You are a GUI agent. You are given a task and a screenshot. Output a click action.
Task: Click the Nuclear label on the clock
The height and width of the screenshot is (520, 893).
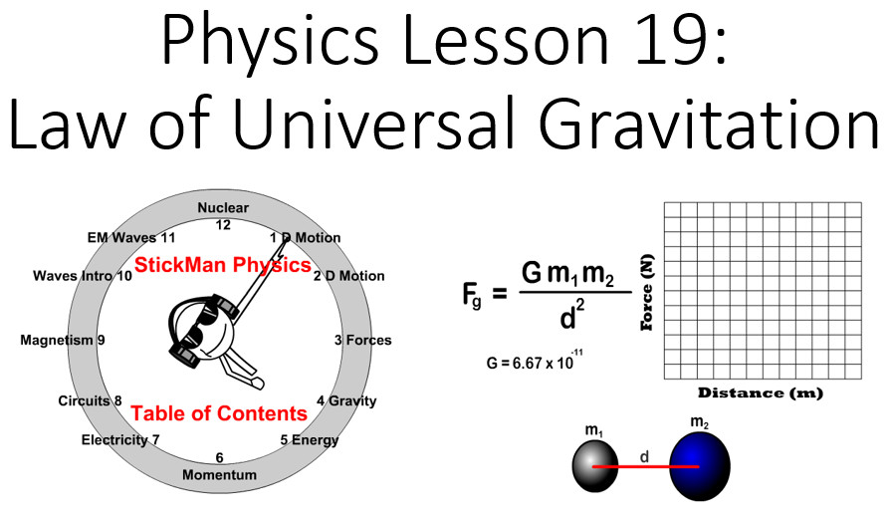(223, 208)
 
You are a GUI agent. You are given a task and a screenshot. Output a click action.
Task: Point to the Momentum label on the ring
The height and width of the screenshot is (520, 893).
(219, 475)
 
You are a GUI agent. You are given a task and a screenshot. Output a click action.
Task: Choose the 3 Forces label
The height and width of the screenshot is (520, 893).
(362, 341)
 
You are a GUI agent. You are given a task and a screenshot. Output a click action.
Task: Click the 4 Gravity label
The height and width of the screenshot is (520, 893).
(346, 401)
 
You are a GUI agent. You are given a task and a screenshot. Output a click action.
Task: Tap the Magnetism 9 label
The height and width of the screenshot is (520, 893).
(63, 341)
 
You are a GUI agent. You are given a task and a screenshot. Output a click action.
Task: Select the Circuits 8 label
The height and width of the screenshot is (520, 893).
(90, 400)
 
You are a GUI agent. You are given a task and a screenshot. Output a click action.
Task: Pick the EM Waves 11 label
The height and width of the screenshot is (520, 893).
(131, 238)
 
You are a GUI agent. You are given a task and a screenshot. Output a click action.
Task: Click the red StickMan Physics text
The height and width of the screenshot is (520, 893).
(223, 265)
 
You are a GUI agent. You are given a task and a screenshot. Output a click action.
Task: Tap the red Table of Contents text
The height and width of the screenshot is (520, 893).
(219, 413)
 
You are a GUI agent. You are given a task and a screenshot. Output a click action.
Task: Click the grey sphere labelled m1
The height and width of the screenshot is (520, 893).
(595, 467)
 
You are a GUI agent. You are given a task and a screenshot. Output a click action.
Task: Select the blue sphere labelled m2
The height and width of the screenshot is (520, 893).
(699, 466)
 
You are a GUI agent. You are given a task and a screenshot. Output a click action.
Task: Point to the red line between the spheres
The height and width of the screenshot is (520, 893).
(646, 467)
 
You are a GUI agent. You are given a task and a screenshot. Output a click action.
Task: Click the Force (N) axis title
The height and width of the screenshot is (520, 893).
(647, 293)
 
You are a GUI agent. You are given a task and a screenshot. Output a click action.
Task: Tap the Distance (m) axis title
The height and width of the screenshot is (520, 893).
(761, 392)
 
